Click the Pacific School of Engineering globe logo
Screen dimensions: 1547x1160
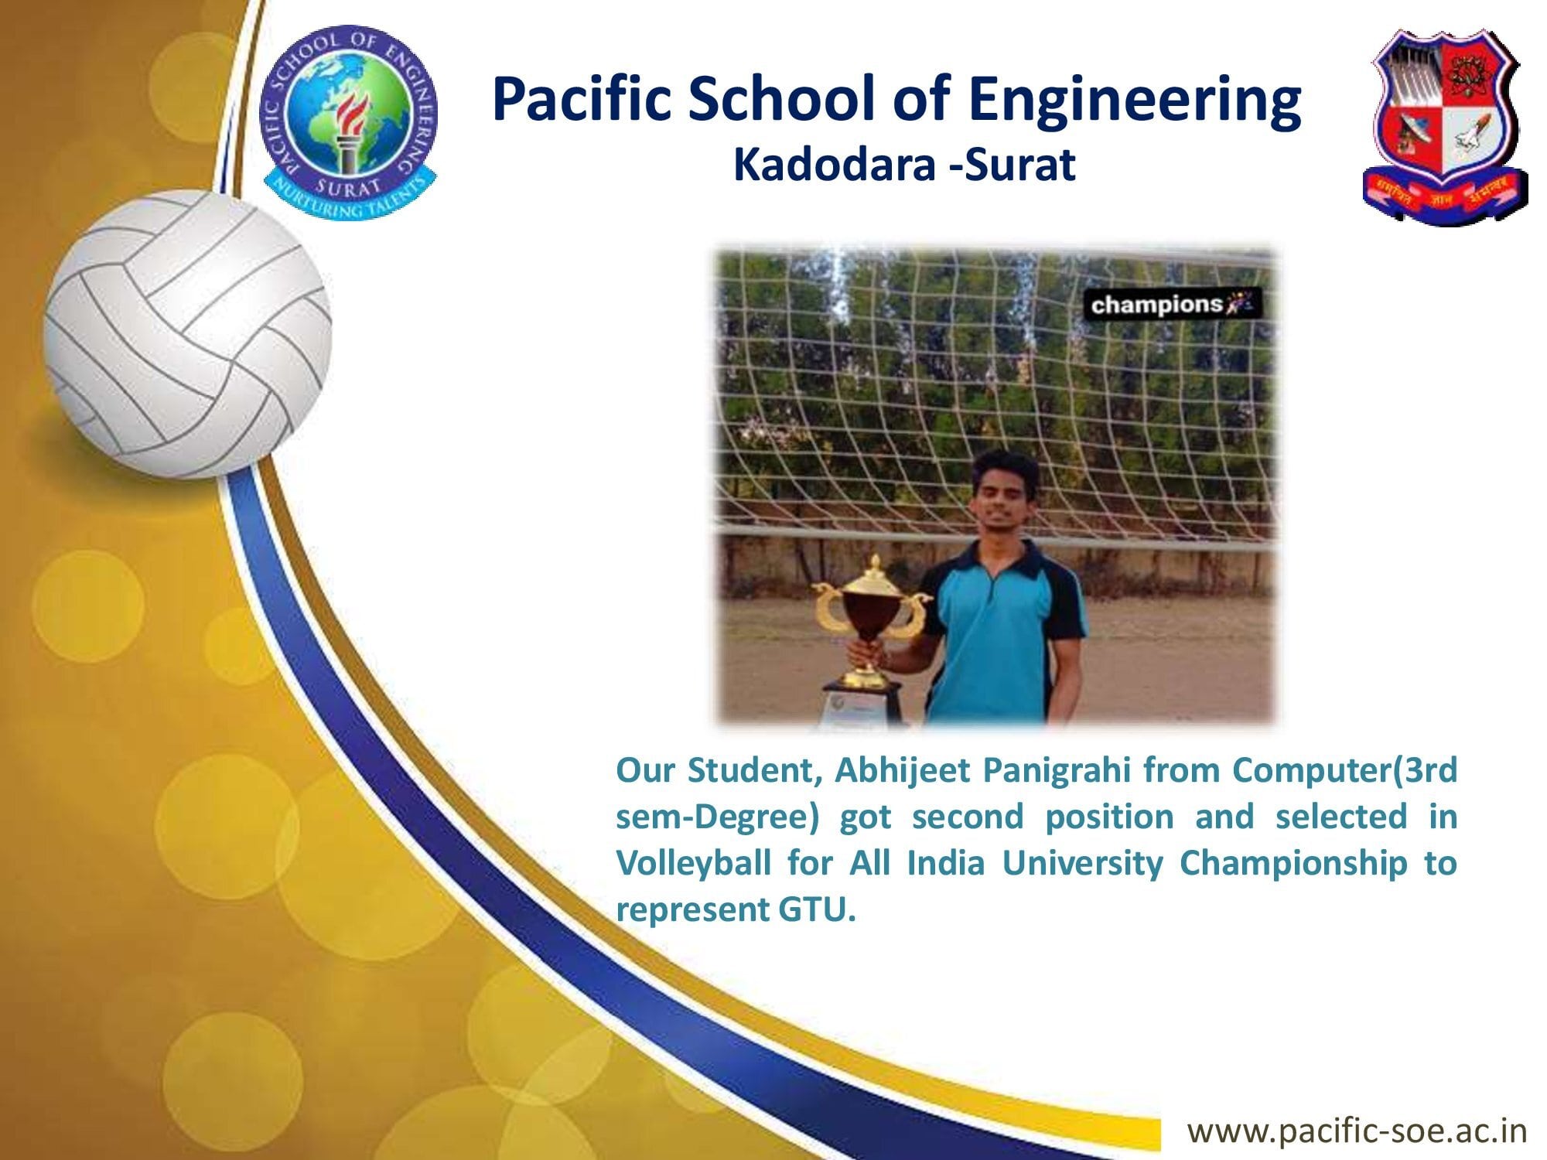348,122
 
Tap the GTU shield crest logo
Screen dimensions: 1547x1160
1445,128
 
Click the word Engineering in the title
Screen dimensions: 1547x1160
1135,101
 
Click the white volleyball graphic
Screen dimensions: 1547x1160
188,334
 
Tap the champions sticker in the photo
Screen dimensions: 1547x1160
1175,305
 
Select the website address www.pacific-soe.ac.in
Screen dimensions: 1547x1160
1357,1130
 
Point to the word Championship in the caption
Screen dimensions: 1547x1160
1293,864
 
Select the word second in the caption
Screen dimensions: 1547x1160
968,817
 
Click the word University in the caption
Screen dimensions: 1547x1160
1082,864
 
